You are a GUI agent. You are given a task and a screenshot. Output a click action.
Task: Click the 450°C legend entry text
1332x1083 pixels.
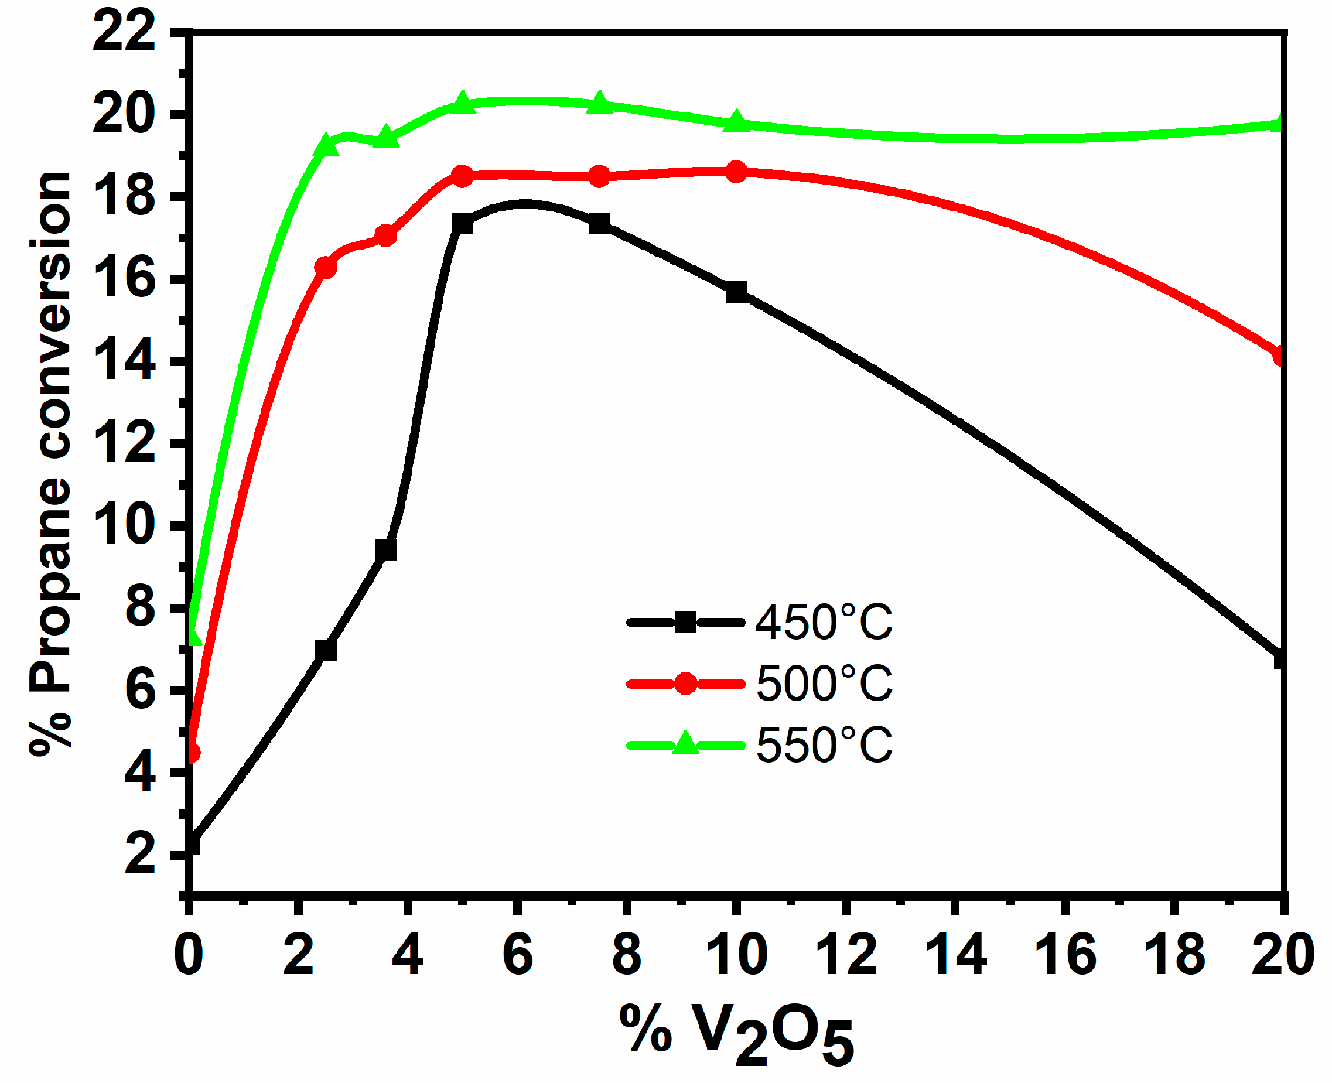[x=824, y=623]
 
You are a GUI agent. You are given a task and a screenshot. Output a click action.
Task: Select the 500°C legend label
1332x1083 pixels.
[x=824, y=684]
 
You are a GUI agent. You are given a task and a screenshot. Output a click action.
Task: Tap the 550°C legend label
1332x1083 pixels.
[x=824, y=745]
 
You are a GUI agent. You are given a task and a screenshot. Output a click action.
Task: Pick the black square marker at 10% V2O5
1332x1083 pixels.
[x=736, y=291]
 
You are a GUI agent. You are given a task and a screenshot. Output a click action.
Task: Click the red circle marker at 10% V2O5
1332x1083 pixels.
[x=736, y=172]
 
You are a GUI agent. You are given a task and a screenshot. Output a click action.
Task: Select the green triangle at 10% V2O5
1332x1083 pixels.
[x=736, y=121]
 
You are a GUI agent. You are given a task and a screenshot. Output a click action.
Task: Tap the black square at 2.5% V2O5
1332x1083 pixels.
[x=326, y=650]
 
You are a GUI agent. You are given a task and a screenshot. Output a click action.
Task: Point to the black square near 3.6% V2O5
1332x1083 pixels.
[x=386, y=551]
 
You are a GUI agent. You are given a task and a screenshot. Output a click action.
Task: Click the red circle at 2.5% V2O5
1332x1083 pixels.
[x=326, y=268]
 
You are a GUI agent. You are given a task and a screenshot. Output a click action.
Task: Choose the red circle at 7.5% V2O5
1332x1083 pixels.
[x=600, y=176]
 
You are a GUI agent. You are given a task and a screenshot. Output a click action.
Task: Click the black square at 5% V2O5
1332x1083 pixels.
[x=462, y=224]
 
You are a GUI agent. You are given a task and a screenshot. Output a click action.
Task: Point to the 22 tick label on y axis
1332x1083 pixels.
[x=124, y=32]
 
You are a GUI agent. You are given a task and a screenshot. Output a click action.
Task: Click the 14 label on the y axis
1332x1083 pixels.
[x=124, y=361]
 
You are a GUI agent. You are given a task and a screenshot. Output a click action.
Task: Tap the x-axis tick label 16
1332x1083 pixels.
[x=1065, y=955]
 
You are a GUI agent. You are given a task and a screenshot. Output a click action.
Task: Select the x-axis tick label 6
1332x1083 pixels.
[x=517, y=955]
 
